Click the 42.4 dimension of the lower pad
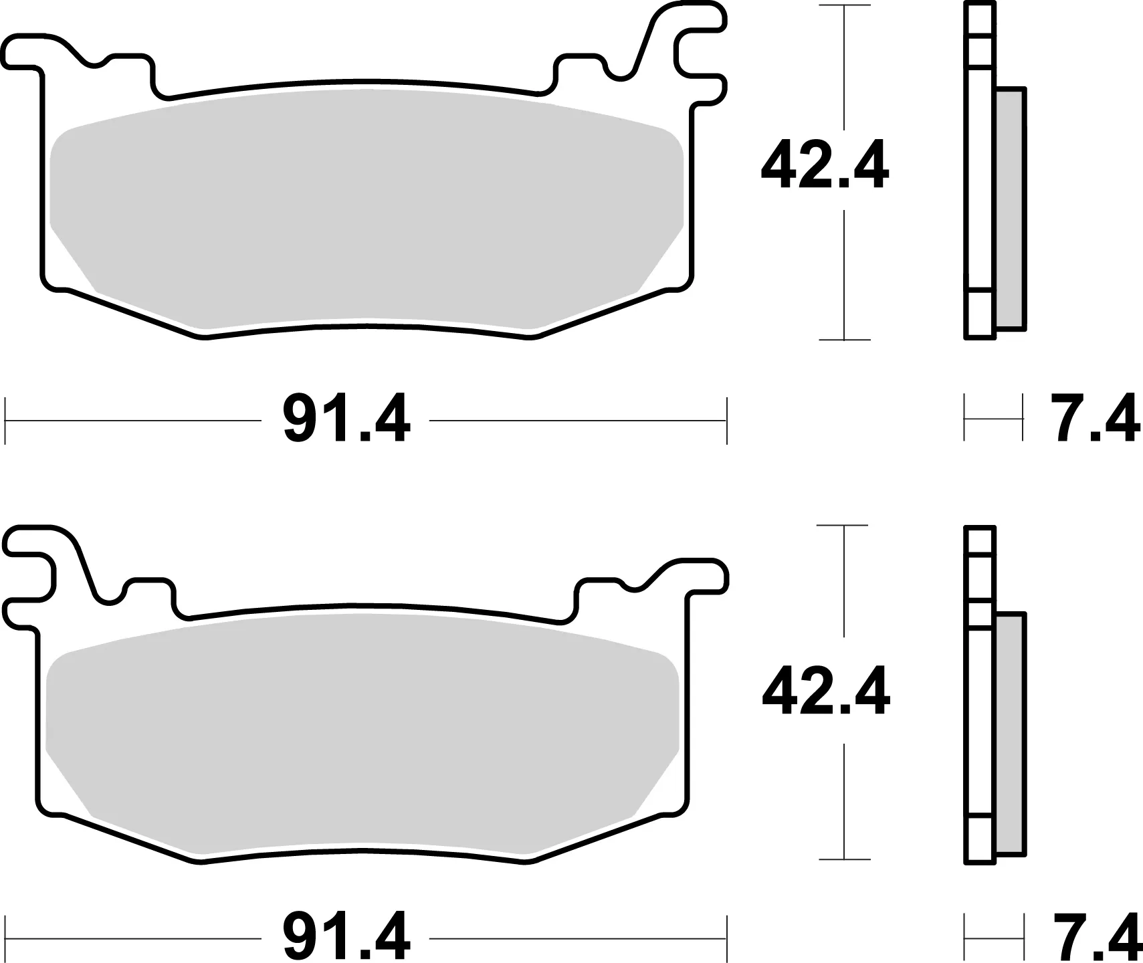coord(825,691)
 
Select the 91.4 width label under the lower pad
coord(345,938)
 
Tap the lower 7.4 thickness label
coord(1094,938)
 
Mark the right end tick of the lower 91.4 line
coord(726,938)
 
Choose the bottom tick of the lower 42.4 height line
coord(845,859)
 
